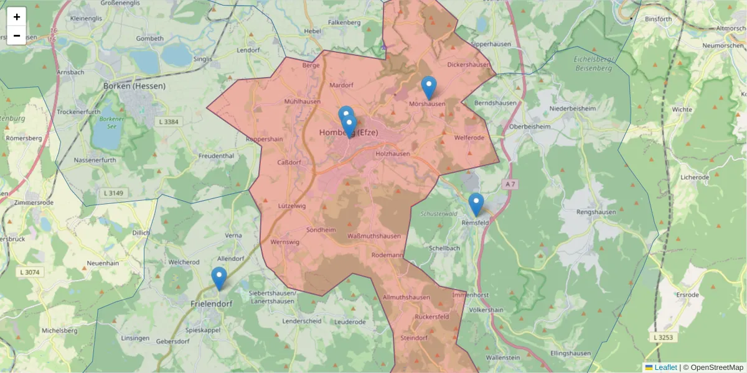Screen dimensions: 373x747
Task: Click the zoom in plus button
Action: click(17, 17)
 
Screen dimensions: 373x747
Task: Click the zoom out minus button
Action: click(17, 35)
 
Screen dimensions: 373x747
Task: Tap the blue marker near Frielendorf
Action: click(218, 277)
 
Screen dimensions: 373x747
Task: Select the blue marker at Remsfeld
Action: click(476, 204)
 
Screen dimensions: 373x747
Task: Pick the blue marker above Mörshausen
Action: click(428, 87)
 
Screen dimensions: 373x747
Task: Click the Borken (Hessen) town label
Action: click(134, 86)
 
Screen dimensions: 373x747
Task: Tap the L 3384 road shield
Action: click(167, 122)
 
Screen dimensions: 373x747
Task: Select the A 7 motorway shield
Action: click(510, 184)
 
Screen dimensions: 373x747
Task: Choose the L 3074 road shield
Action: click(29, 272)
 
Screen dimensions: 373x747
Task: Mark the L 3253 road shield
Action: click(664, 337)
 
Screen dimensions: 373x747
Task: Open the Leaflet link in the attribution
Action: click(665, 367)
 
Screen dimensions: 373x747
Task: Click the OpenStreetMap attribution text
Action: click(716, 367)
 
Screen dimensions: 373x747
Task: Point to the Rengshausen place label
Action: click(596, 212)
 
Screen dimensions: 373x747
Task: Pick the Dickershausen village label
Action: click(468, 65)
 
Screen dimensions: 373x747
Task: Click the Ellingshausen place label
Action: click(570, 354)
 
